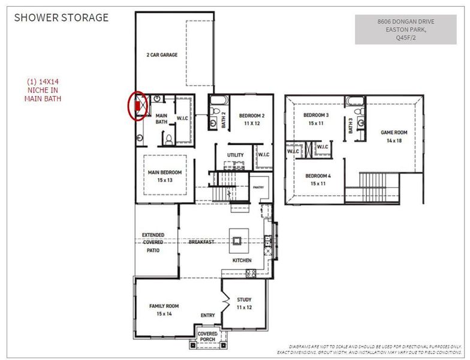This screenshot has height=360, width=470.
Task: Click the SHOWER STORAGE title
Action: click(61, 17)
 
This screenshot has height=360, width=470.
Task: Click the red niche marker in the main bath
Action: click(138, 107)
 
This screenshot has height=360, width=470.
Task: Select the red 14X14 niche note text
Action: click(43, 90)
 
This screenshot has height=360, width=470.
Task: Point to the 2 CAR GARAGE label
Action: click(162, 55)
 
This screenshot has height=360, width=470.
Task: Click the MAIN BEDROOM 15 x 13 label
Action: click(164, 176)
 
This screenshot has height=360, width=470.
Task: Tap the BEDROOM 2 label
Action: click(252, 119)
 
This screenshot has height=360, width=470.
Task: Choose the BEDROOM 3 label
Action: click(316, 119)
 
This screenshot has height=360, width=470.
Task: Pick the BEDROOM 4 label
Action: click(318, 179)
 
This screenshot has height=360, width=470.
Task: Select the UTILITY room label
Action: click(235, 155)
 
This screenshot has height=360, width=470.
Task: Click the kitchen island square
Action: click(237, 240)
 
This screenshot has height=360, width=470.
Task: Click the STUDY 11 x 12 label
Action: click(244, 303)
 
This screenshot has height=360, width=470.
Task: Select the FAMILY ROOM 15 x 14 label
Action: click(164, 310)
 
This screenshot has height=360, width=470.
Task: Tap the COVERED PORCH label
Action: click(207, 337)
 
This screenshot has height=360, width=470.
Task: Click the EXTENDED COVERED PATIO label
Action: click(153, 242)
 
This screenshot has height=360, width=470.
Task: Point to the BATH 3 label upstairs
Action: click(351, 125)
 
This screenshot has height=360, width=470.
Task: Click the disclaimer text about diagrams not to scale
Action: click(375, 349)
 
